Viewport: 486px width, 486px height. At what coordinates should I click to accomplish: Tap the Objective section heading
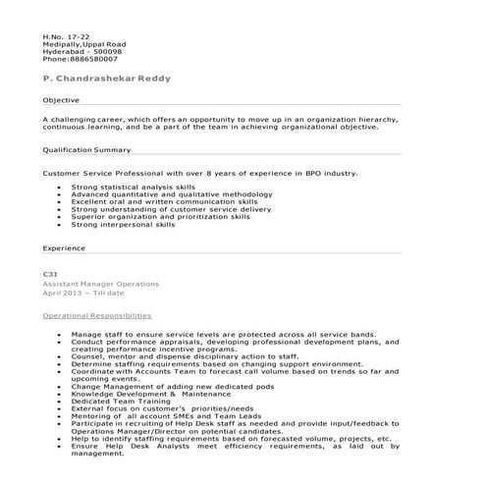pos(61,101)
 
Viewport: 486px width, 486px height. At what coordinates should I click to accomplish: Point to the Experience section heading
pos(64,248)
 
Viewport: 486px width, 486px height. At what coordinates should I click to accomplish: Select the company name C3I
pos(50,274)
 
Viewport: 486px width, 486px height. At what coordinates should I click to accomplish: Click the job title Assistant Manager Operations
pos(101,283)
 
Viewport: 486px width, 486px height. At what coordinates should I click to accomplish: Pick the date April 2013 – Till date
pos(82,293)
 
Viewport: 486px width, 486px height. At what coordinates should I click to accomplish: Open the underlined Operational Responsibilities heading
pos(96,316)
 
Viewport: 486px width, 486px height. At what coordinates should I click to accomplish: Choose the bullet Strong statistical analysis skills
pos(134,187)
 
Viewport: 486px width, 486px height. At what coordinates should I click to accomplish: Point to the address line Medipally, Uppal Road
pos(83,45)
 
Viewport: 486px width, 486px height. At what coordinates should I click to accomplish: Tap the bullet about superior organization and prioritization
pos(160,217)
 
